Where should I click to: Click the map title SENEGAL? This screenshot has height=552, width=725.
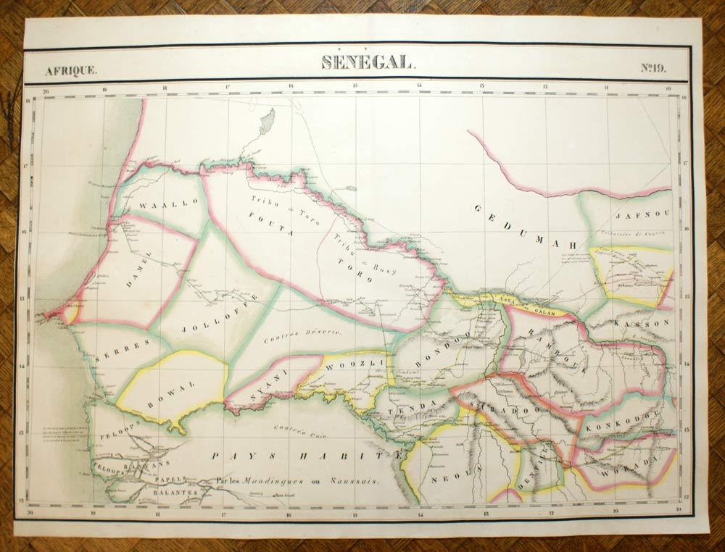[368, 63]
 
